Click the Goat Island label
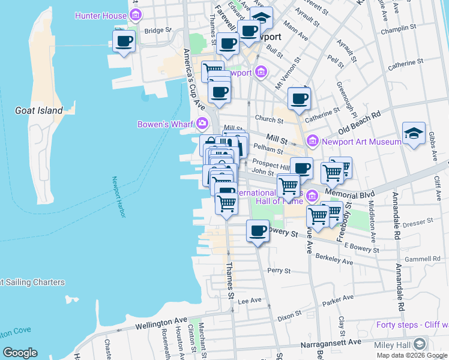39,110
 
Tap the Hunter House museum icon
137,15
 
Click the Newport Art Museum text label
361,142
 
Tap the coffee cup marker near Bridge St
124,41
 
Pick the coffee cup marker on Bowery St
259,231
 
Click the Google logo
20,353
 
